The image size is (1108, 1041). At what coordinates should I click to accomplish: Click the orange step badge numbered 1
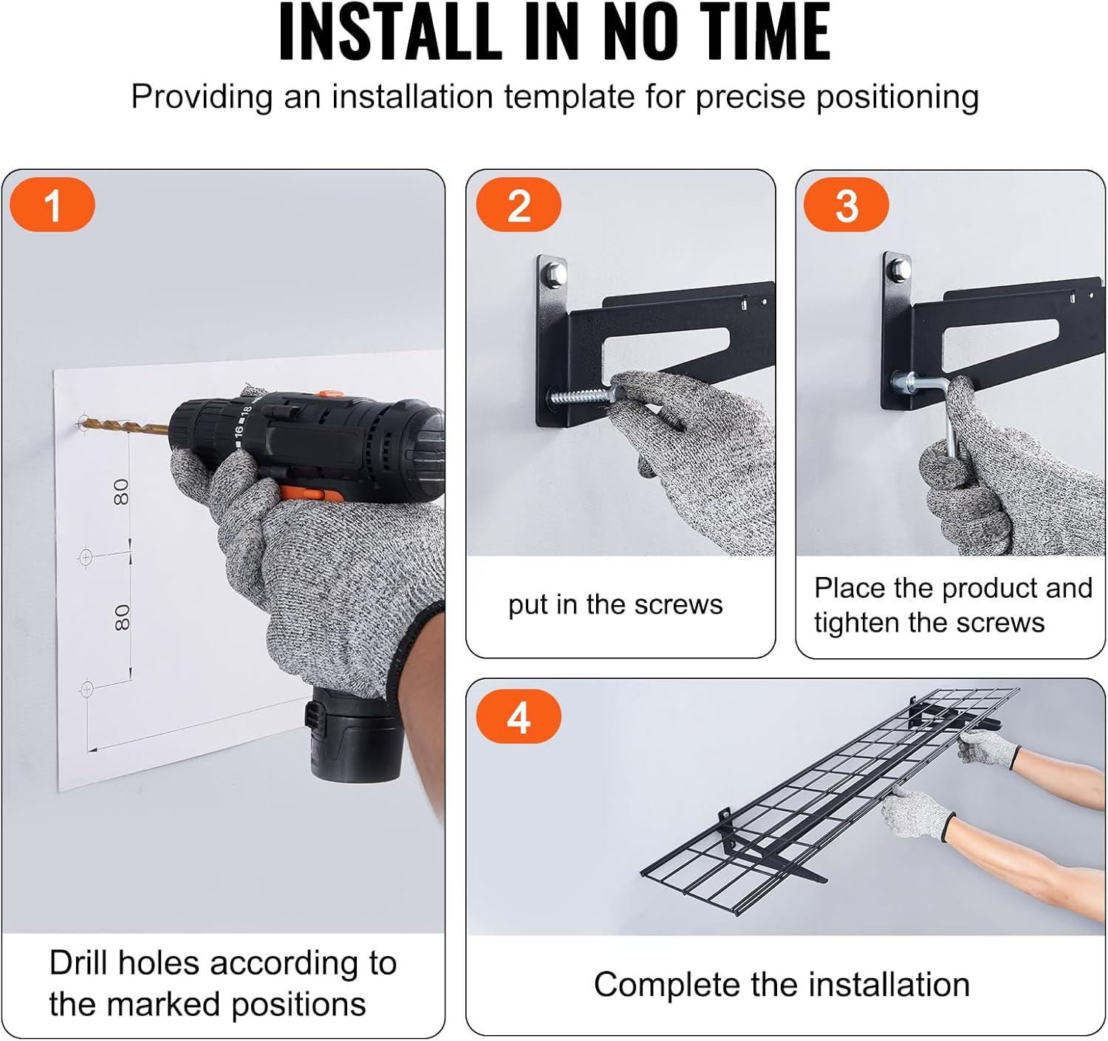[x=52, y=205]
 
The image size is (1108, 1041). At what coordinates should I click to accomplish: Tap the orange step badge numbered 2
[x=519, y=205]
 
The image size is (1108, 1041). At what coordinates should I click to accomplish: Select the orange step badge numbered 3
[x=846, y=205]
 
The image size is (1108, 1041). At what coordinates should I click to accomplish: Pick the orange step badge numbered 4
[x=519, y=717]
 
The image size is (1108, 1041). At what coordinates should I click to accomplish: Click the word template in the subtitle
[x=569, y=97]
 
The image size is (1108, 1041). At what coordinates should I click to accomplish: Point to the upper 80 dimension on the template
[x=121, y=492]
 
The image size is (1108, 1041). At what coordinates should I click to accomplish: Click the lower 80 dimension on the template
[x=122, y=618]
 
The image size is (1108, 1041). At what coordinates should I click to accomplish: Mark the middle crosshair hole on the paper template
[x=86, y=556]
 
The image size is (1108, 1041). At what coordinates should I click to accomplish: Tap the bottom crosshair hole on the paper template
[x=87, y=689]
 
